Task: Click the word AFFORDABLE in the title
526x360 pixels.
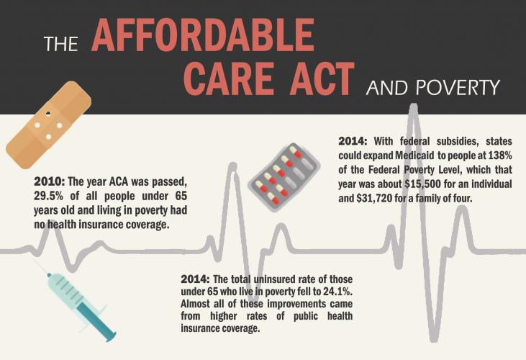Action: click(x=203, y=35)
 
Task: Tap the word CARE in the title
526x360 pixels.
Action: click(x=229, y=79)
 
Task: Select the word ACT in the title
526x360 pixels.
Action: click(x=322, y=79)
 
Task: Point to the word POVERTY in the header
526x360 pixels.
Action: click(x=458, y=88)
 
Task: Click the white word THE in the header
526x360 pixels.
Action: click(x=60, y=44)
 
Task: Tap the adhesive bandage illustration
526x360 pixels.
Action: click(x=49, y=125)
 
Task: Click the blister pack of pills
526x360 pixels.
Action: click(x=284, y=177)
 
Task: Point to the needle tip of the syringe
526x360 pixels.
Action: click(x=35, y=260)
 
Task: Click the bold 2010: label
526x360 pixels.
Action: click(x=50, y=182)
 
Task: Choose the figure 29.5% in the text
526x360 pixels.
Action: click(x=48, y=196)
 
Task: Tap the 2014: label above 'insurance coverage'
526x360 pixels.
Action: click(x=196, y=279)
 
